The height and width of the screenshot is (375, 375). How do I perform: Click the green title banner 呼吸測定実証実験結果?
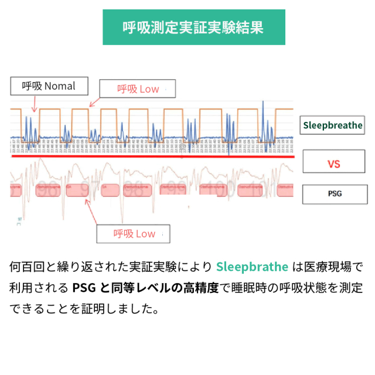[x=193, y=27]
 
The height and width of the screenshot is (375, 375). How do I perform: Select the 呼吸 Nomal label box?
[x=49, y=86]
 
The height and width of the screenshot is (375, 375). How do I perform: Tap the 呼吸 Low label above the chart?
[x=138, y=89]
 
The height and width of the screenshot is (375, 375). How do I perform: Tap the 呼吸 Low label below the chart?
[x=134, y=234]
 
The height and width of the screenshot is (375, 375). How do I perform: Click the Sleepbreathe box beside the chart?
[x=332, y=125]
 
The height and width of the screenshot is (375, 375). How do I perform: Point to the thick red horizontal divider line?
[x=152, y=156]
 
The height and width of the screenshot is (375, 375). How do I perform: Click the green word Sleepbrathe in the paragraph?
[x=252, y=267]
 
